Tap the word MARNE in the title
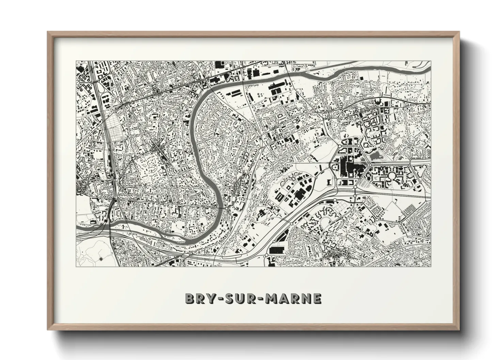click(293, 298)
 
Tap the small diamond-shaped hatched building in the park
click(101, 260)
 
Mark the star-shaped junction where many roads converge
click(157, 147)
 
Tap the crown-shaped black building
click(377, 102)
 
